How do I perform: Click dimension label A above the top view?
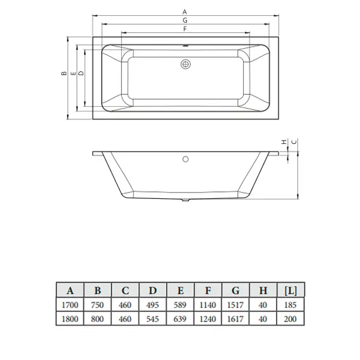[x=185, y=11]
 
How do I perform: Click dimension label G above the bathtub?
[x=185, y=20]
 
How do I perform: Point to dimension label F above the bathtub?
[x=185, y=29]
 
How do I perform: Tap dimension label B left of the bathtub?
[x=64, y=74]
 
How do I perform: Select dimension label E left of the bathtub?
[x=73, y=74]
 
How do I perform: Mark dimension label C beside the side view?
[x=294, y=142]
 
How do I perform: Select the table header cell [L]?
[x=291, y=291]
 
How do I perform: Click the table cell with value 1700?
[x=69, y=306]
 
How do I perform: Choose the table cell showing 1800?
[x=69, y=320]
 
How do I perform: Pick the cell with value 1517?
[x=235, y=306]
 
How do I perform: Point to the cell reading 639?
[x=180, y=320]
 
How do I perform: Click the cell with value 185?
[x=291, y=306]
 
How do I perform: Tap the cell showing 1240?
[x=208, y=320]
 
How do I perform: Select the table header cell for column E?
[x=180, y=291]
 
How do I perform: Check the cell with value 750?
[x=97, y=306]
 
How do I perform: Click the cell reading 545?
[x=152, y=320]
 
